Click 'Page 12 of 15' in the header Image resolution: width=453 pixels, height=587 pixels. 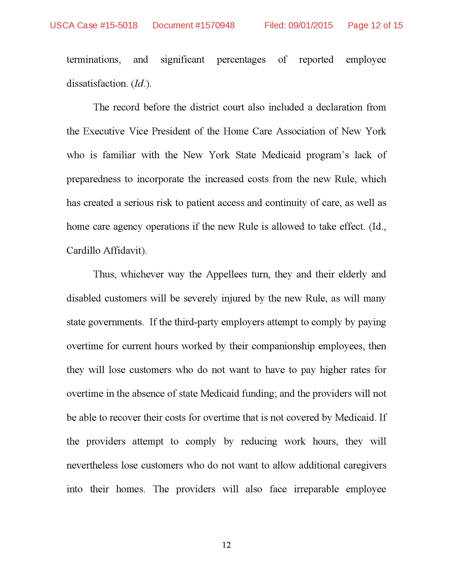pos(375,25)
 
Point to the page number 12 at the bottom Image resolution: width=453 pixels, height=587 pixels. pos(226,545)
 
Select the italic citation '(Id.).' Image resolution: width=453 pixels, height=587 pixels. pos(141,84)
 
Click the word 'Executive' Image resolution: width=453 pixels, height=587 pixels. pos(104,131)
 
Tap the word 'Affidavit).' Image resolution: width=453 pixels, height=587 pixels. pos(125,251)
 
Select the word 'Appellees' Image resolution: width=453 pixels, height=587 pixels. pos(226,274)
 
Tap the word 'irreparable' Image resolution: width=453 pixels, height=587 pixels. pos(316,489)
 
